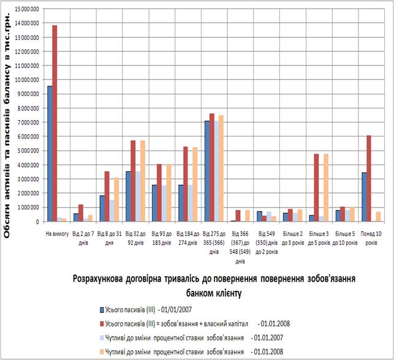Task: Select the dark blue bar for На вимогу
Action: click(x=50, y=153)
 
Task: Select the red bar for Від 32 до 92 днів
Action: click(x=134, y=181)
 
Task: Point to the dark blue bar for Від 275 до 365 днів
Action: click(x=207, y=171)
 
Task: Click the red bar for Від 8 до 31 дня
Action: click(x=107, y=196)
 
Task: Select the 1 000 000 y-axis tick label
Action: click(x=27, y=208)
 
